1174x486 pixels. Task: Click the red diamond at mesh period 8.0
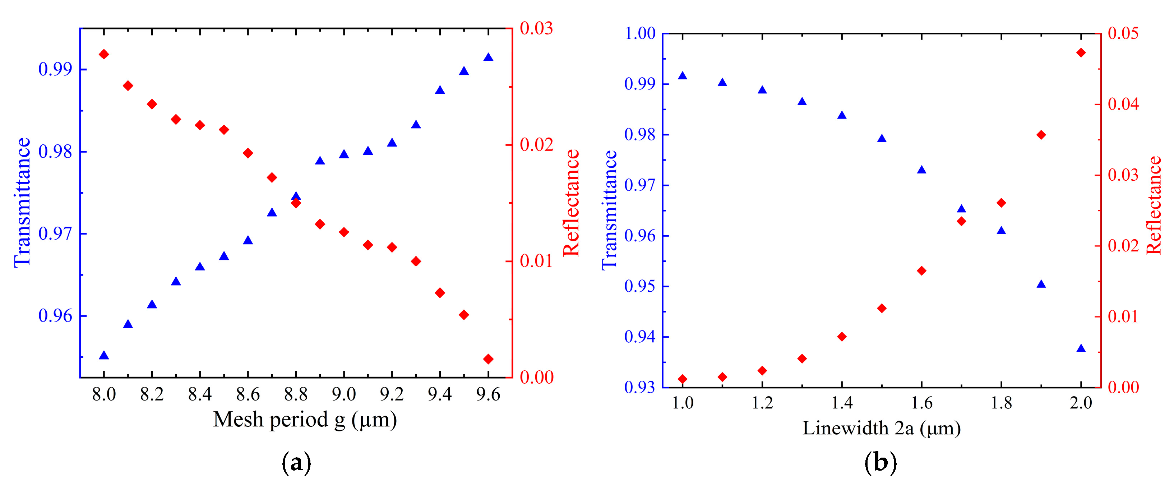(x=104, y=54)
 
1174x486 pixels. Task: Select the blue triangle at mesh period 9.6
(x=488, y=57)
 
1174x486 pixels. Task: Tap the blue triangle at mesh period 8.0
(x=104, y=355)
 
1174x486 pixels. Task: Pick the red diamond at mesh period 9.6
(x=488, y=359)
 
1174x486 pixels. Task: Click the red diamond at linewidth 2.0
(x=1081, y=53)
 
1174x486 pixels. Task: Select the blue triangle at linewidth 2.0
(x=1081, y=348)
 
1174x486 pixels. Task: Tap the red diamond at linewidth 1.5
(x=882, y=308)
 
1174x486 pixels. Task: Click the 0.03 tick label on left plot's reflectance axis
(x=536, y=28)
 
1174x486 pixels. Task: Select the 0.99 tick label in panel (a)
(x=55, y=69)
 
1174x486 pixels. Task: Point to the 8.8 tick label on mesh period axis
(x=296, y=394)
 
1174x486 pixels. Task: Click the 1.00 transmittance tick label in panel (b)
(x=640, y=33)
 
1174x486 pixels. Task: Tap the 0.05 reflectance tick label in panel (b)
(x=1123, y=33)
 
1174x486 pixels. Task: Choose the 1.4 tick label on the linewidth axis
(x=842, y=403)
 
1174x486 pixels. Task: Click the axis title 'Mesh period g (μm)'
(x=305, y=420)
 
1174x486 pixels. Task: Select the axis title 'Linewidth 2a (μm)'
(x=882, y=428)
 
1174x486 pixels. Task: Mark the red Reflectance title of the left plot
(x=571, y=203)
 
